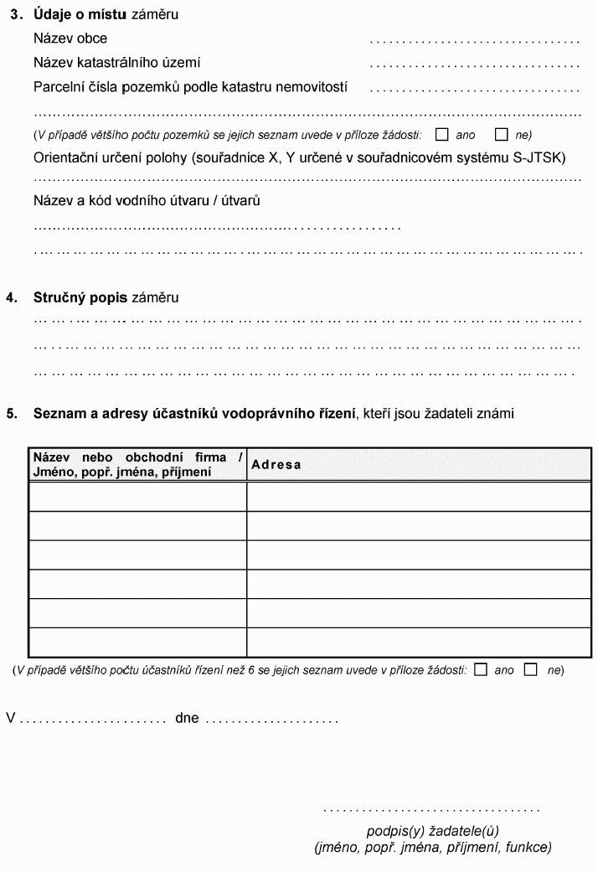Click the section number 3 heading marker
pos(17,15)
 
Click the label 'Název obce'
pos(70,39)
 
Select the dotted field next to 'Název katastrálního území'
pos(474,64)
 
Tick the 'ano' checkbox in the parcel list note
pos(442,134)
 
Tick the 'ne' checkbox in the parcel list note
pos(502,134)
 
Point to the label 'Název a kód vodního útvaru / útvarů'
pos(147,201)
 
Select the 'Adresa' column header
pos(276,465)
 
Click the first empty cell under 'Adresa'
pos(419,497)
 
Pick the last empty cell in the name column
pos(138,642)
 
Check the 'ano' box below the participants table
pos(480,669)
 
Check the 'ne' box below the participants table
pos(530,669)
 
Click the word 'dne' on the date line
pos(187,718)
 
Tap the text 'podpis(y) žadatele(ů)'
pos(432,831)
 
